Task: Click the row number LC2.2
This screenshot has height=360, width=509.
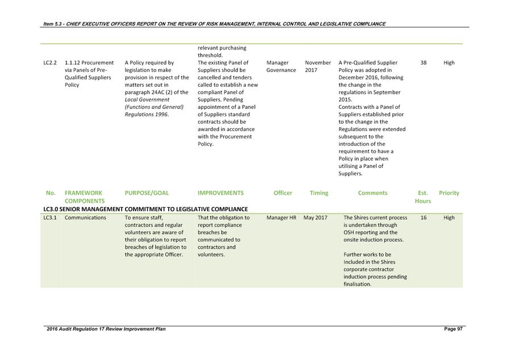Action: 50,63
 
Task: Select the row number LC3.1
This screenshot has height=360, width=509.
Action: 50,218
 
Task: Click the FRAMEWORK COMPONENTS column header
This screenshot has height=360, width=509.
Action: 85,197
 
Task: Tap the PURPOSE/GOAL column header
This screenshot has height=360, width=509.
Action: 147,193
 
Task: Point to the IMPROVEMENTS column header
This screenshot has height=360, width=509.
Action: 220,193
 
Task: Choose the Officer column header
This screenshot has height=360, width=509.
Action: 283,193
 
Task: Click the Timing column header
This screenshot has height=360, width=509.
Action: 319,193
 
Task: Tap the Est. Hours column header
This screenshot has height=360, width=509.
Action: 423,197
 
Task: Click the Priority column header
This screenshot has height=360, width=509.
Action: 449,193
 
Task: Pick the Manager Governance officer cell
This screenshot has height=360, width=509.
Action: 281,66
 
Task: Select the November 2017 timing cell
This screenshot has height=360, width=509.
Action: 318,66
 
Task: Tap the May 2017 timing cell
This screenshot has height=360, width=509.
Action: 315,218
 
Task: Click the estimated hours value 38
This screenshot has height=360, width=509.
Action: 424,63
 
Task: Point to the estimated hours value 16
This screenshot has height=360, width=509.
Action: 424,218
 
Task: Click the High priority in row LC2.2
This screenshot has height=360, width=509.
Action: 449,63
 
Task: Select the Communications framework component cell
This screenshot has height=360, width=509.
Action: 85,218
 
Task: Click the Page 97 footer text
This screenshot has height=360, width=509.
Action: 453,329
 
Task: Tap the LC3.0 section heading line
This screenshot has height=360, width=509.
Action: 145,209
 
